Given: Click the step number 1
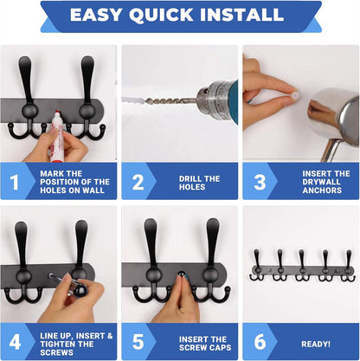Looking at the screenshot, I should [x=14, y=182].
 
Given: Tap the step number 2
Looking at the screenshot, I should [x=138, y=182].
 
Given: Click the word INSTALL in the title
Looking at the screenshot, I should [x=246, y=15].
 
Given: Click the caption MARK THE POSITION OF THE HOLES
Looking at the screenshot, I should [x=74, y=182].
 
